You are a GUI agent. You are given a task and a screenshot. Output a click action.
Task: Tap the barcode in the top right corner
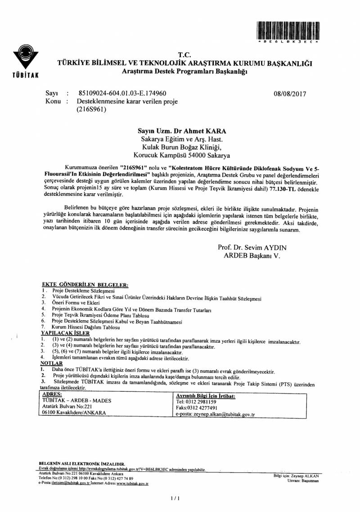point(288,31)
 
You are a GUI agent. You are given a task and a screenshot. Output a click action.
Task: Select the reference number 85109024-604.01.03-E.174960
point(122,94)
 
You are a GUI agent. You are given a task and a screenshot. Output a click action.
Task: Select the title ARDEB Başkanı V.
point(252,255)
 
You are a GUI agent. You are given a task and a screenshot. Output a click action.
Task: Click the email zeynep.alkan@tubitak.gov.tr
point(215,415)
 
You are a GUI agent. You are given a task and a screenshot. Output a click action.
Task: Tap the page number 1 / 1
point(175,498)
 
